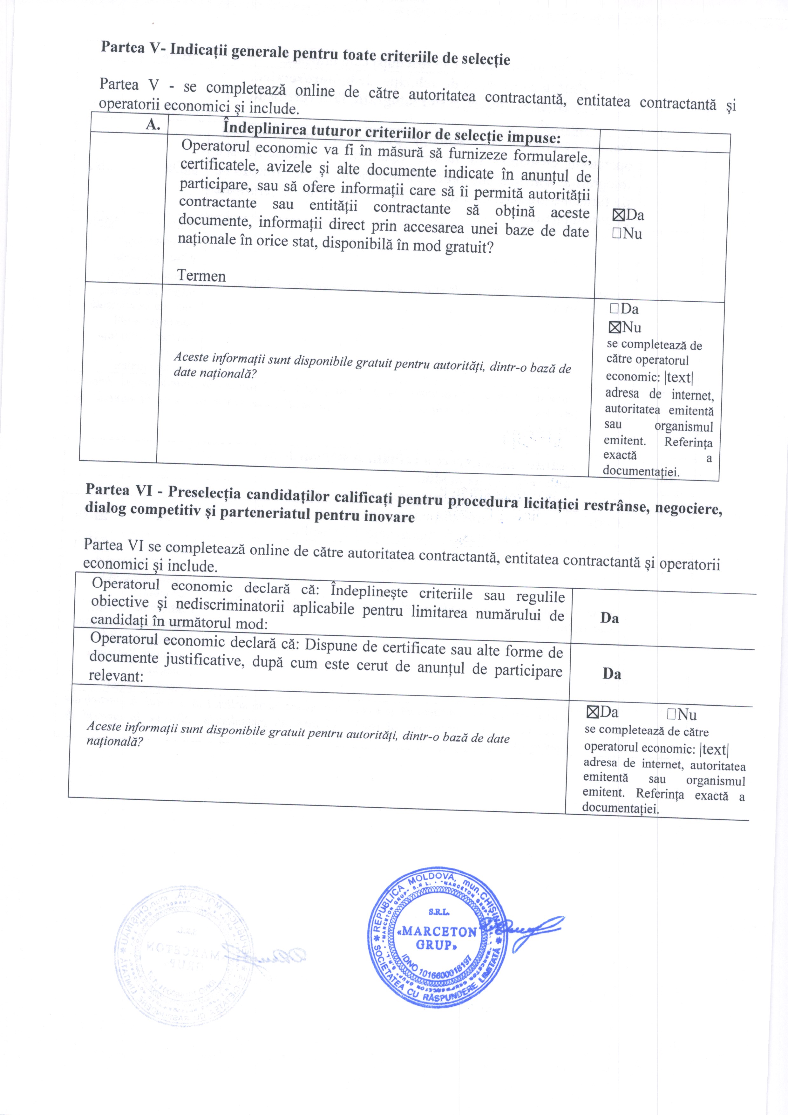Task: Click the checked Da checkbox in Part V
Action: [619, 215]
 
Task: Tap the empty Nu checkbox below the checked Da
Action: [617, 233]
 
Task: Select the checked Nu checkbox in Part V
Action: [614, 327]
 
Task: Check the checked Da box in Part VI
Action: [592, 712]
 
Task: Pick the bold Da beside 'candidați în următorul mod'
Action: [609, 618]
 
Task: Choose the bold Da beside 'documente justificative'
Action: [612, 674]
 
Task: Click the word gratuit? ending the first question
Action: [469, 248]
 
